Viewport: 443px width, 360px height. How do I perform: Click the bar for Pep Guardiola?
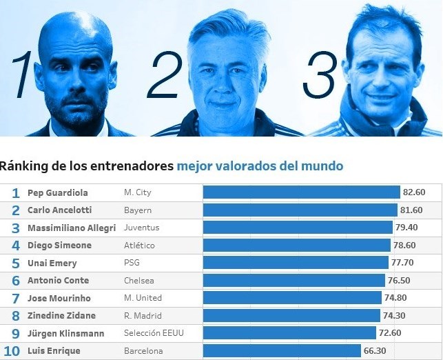point(301,192)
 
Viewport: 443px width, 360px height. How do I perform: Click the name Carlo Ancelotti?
point(59,210)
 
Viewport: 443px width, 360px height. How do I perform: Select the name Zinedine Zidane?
point(61,316)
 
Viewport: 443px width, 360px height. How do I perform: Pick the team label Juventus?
point(141,228)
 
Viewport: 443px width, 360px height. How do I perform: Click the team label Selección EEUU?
point(154,333)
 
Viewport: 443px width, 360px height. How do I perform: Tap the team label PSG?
point(132,263)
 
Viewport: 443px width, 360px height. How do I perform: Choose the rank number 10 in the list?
point(12,351)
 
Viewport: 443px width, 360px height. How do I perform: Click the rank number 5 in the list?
point(15,263)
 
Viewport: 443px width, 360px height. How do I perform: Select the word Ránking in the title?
point(23,166)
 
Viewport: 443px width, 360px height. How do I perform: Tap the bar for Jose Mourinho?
point(292,298)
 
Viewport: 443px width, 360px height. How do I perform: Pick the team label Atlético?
point(139,246)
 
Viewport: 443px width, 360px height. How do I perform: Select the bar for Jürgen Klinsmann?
point(290,333)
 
